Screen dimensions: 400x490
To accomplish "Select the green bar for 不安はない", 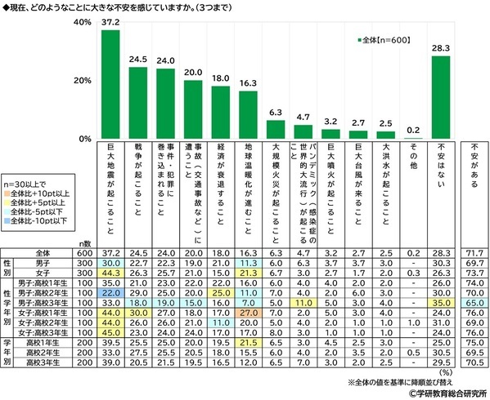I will pyautogui.click(x=441, y=97).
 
